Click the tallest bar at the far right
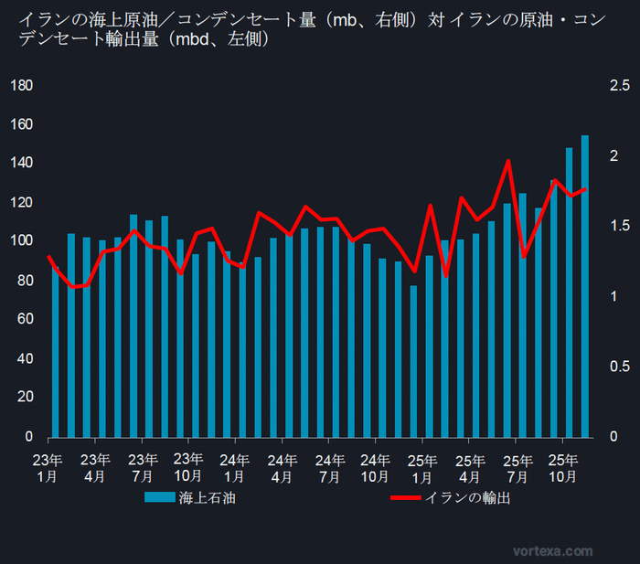[585, 285]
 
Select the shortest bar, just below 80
[413, 361]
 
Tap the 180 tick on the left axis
[21, 86]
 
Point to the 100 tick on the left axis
[21, 240]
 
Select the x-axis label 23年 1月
[48, 467]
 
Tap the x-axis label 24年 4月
[282, 467]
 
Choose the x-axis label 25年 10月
[562, 467]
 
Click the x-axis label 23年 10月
[187, 467]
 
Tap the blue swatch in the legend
[159, 498]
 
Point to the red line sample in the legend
[406, 498]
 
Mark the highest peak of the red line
[508, 161]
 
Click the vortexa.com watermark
[552, 551]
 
